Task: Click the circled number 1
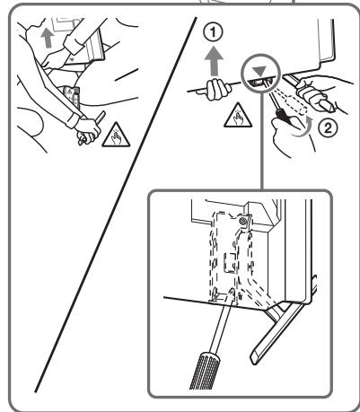point(213,32)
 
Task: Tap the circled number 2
point(328,128)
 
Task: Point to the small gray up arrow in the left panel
point(48,39)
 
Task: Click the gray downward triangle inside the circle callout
point(259,72)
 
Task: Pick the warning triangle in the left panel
point(116,136)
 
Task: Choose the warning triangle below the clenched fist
point(238,115)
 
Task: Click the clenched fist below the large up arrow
point(217,89)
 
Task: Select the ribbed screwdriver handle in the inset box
point(207,370)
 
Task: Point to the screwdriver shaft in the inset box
point(222,323)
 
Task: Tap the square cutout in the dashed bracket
point(231,262)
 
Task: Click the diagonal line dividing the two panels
point(116,205)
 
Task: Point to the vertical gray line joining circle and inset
point(261,141)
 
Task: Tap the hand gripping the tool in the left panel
point(87,130)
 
